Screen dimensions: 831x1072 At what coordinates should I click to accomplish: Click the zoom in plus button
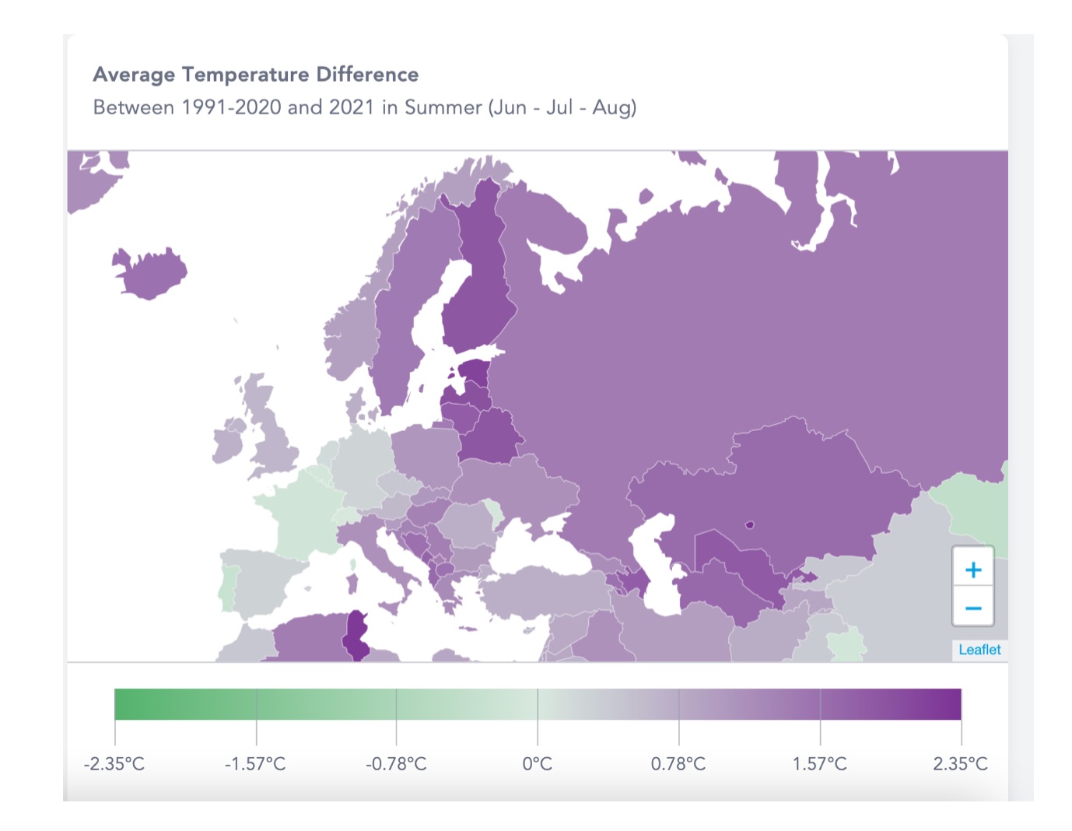[972, 570]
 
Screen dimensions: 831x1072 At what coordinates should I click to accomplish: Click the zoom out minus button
[972, 608]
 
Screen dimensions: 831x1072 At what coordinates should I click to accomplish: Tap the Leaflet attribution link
[979, 650]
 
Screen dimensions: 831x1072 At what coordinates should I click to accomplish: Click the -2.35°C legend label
[114, 764]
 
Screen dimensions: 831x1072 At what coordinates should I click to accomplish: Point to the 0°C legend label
[537, 764]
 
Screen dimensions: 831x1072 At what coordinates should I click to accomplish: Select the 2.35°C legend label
[960, 764]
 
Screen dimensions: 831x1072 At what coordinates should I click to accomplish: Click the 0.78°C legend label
[678, 764]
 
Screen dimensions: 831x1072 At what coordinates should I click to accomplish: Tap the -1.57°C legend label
[255, 764]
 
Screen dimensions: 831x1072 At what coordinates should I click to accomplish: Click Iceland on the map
[152, 273]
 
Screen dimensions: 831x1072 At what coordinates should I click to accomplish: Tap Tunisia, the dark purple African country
[357, 634]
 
